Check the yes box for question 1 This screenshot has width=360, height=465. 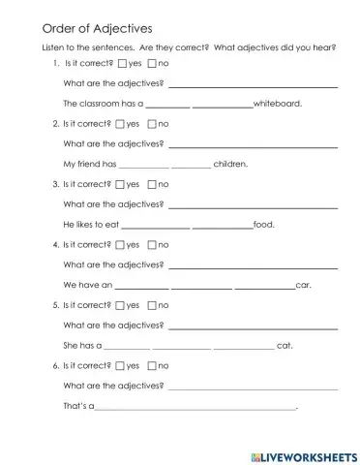(x=121, y=63)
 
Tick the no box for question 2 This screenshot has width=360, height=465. (x=152, y=124)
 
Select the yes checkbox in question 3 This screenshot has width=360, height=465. (x=121, y=184)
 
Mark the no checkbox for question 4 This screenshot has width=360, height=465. (x=152, y=245)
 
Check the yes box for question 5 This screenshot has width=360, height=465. (x=121, y=305)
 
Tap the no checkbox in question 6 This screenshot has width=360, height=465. (x=152, y=366)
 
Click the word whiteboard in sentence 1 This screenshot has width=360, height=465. (x=278, y=103)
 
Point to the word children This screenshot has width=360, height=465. (x=230, y=164)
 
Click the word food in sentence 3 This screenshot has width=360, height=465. (x=263, y=225)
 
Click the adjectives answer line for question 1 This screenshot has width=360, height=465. (x=253, y=85)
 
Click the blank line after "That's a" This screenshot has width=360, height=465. (x=195, y=408)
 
